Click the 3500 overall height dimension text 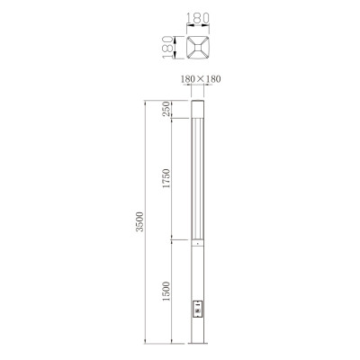(x=139, y=223)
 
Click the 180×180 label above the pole (x=201, y=80)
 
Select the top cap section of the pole (x=199, y=110)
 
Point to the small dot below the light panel (x=199, y=245)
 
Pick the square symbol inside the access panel (x=199, y=303)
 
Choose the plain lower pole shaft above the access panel (x=199, y=270)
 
